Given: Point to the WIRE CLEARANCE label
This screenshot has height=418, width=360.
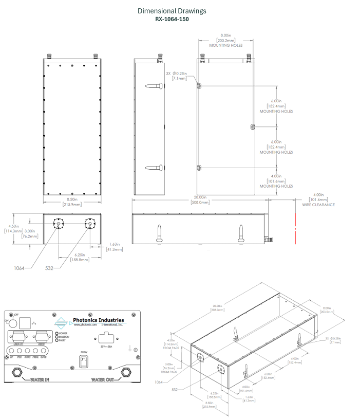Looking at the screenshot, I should (x=318, y=205).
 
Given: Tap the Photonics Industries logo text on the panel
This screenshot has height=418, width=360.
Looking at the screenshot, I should (x=99, y=320).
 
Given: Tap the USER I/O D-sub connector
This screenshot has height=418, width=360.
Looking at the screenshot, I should (x=18, y=337).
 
